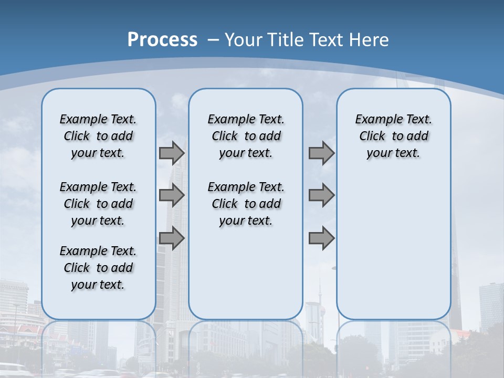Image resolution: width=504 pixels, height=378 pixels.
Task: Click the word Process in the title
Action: [162, 39]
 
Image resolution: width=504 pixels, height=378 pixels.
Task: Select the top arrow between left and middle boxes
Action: [171, 153]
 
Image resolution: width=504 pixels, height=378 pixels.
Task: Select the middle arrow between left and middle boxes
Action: [171, 195]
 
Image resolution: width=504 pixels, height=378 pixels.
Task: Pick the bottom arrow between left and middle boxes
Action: [171, 238]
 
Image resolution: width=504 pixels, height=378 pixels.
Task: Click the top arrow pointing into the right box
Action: [321, 153]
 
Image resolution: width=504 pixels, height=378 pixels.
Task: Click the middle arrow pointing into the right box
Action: [321, 195]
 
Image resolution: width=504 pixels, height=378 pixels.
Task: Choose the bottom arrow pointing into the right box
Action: [321, 238]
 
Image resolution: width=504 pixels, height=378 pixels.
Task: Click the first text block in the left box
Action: [98, 136]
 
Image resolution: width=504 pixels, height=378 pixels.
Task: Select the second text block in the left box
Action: [98, 204]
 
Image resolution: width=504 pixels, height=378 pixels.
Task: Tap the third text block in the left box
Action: [98, 268]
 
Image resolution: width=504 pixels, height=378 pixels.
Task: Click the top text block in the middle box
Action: [246, 136]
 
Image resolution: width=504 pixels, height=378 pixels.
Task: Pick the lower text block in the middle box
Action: [246, 204]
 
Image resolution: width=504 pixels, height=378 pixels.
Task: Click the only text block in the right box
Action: [393, 136]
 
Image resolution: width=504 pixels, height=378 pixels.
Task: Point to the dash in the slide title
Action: [213, 39]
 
